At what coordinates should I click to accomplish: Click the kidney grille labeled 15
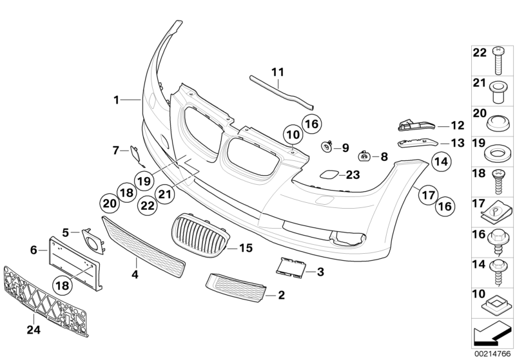(x=200, y=238)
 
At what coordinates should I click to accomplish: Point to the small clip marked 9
(x=327, y=147)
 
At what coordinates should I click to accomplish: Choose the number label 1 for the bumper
(x=116, y=99)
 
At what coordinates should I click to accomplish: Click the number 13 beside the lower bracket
(x=457, y=143)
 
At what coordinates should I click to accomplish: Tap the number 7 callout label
(x=116, y=150)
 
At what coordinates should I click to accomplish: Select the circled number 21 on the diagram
(x=164, y=193)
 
